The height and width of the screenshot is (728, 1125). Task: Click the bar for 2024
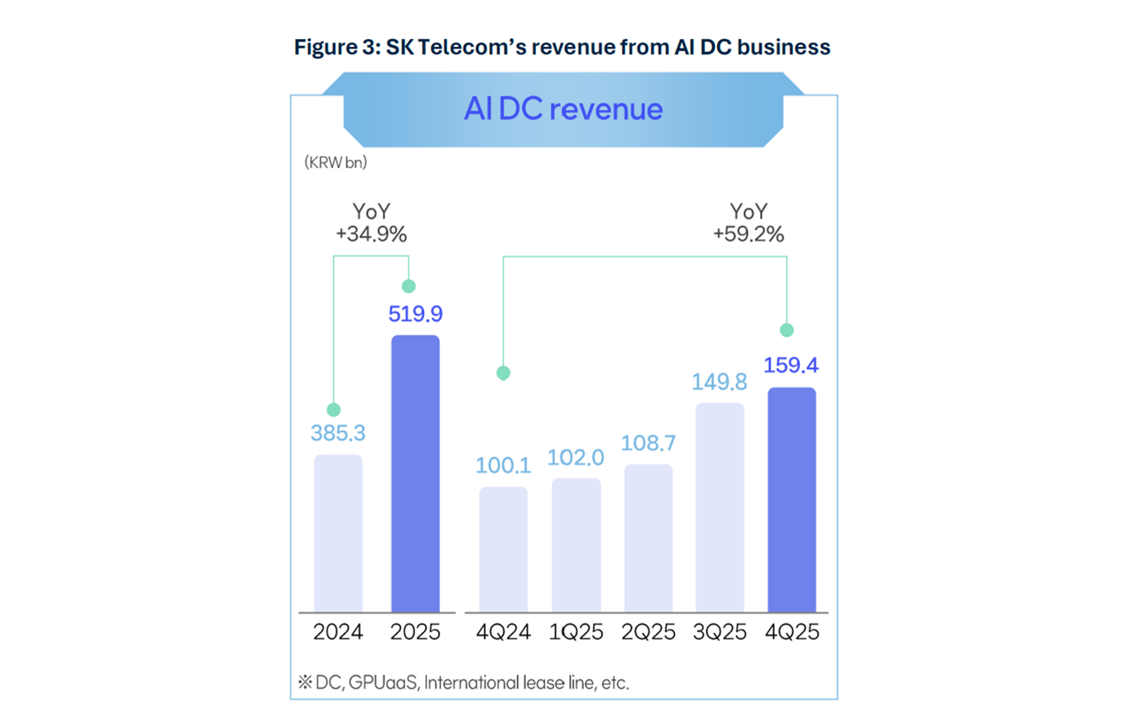coord(338,533)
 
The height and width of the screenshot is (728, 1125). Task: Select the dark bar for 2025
coord(416,473)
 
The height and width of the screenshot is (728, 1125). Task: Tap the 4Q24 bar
coord(503,549)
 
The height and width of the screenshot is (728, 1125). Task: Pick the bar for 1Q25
coord(576,545)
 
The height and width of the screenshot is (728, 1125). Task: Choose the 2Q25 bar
coord(648,538)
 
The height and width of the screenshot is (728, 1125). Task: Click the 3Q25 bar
coord(720,508)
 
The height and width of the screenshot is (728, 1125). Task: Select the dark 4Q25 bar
coord(791,500)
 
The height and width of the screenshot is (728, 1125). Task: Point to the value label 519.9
coord(416,314)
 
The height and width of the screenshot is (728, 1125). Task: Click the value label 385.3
coord(338,433)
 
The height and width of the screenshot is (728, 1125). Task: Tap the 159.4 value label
coord(791,365)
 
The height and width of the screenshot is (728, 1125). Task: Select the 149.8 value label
coord(719,382)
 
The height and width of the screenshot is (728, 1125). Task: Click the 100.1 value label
coord(503,466)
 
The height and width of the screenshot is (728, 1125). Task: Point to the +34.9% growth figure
coord(371,234)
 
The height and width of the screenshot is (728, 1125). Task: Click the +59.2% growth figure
coord(748,234)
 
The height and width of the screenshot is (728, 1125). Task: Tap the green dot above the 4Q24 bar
coord(503,373)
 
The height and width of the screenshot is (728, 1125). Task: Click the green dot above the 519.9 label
coord(409,287)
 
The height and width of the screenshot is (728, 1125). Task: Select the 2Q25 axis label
coord(648,632)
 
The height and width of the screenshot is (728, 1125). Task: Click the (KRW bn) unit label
coord(336,162)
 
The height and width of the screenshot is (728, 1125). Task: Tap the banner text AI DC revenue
coord(563,109)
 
